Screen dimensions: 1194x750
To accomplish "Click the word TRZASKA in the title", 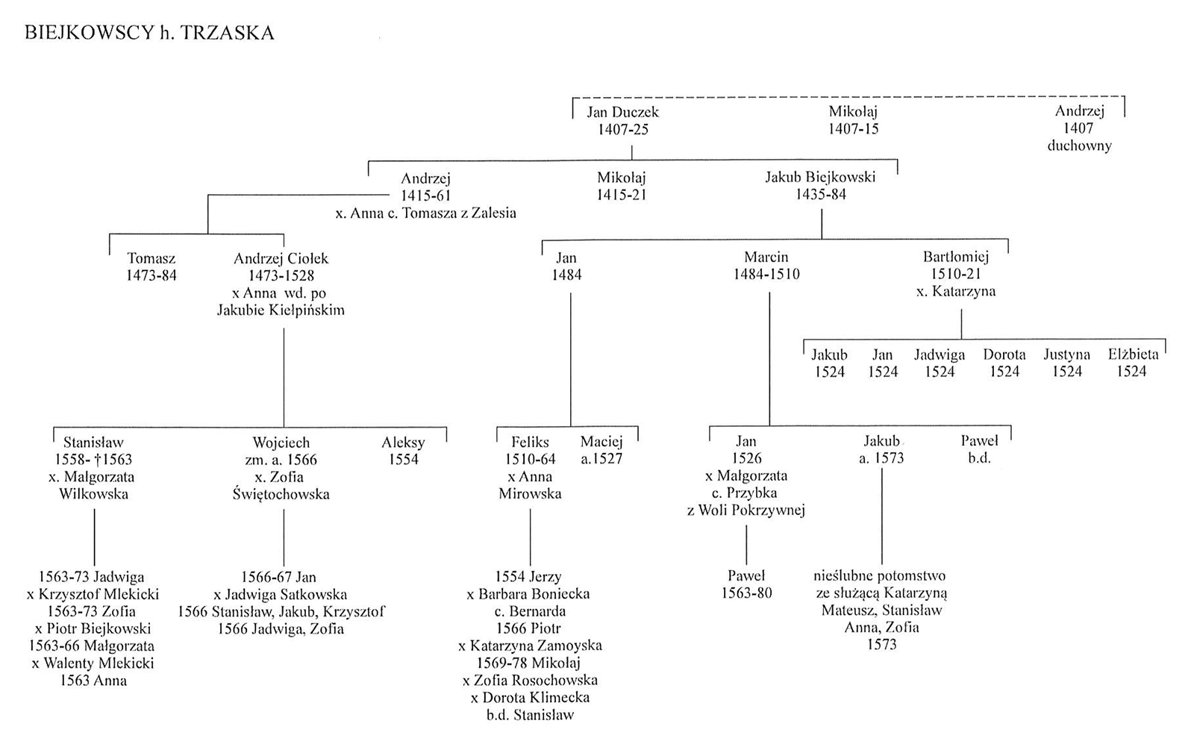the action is tap(227, 33).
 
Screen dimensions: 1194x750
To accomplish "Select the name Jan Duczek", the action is tap(622, 112).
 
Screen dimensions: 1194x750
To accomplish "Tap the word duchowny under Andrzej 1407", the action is tap(1079, 146).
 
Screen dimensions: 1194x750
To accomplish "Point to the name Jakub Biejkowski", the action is tap(820, 177).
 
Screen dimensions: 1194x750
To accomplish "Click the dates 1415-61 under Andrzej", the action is tap(426, 196).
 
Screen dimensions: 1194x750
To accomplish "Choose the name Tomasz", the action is tap(151, 258).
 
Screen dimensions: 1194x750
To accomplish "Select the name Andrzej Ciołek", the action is tap(281, 258).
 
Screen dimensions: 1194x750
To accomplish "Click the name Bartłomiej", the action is tap(956, 257).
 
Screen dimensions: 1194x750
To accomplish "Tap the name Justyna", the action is tap(1066, 355).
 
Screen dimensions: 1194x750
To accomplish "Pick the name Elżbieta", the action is tap(1134, 354).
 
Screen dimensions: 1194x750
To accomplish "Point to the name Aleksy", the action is tap(403, 443).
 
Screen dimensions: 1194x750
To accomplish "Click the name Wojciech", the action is tap(281, 443).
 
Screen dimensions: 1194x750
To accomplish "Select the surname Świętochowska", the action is tap(281, 494).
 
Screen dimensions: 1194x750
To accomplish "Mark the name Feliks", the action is tap(530, 442).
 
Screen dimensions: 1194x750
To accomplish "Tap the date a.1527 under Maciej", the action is tap(601, 459).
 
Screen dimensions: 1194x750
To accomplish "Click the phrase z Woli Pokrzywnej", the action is tap(746, 510).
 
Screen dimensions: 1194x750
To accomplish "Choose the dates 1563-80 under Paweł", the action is tap(746, 593).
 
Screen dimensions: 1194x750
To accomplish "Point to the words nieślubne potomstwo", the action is tap(880, 576).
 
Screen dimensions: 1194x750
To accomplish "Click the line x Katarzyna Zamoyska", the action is tap(530, 646).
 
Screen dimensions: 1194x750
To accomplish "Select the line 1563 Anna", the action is tap(93, 681).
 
